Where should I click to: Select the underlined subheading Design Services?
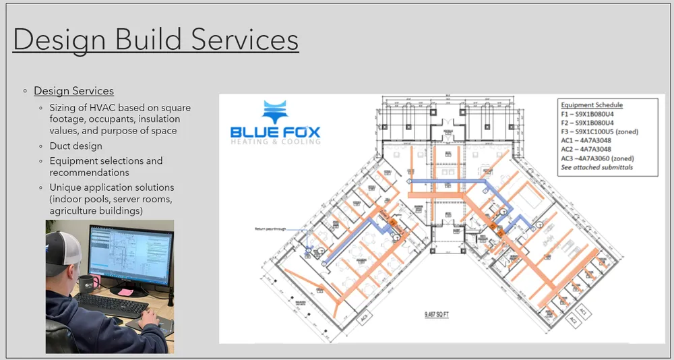tap(73, 91)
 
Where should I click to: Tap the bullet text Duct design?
tap(76, 146)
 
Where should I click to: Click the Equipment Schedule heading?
tap(592, 105)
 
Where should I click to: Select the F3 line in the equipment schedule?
tap(599, 132)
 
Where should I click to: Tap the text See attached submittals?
tap(596, 167)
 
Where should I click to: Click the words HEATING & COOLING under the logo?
tap(276, 142)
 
